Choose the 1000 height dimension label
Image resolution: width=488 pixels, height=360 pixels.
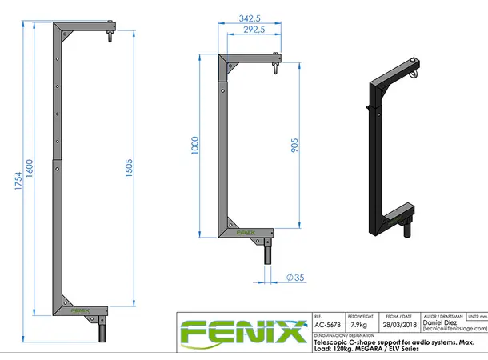click(x=195, y=146)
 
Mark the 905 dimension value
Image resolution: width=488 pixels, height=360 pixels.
click(x=294, y=146)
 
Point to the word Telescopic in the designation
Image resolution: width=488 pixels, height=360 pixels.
click(x=334, y=342)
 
